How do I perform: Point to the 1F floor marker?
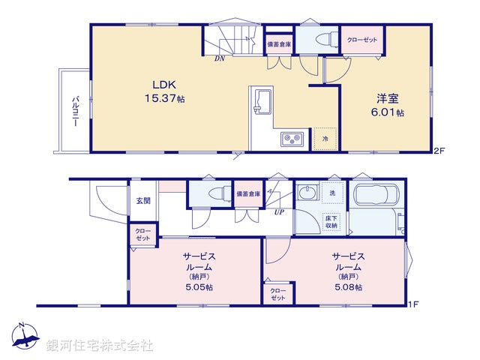pos(412,304)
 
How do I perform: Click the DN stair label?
pos(219,58)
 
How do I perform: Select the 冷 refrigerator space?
pos(325,139)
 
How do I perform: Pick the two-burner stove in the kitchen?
pos(290,139)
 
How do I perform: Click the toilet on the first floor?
pos(213,193)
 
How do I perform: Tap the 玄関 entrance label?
pos(143,200)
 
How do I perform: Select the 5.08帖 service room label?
pos(348,271)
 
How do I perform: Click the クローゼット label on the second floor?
pos(362,39)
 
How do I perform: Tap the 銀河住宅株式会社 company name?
pos(100,346)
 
